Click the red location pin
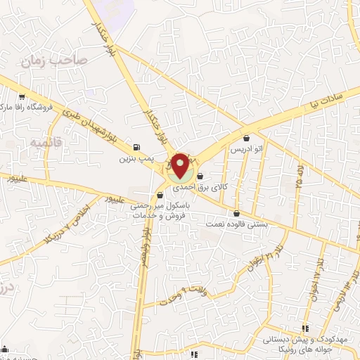[180, 166]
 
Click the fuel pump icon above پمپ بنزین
[136, 148]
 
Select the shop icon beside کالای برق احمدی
[202, 176]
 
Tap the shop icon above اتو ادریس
[246, 139]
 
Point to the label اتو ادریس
[247, 149]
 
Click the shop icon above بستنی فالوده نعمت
[236, 214]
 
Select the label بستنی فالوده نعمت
[235, 224]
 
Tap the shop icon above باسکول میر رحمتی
[156, 196]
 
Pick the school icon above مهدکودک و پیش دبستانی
[305, 328]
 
